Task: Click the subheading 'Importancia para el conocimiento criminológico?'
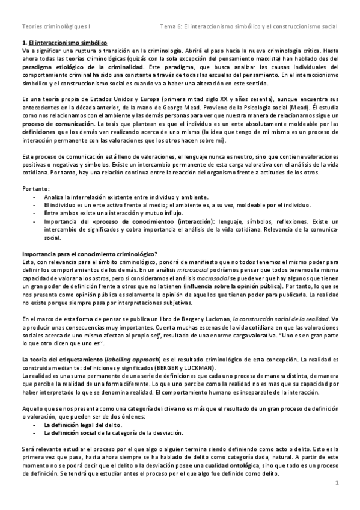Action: point(90,253)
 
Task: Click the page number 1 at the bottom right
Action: point(338,482)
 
